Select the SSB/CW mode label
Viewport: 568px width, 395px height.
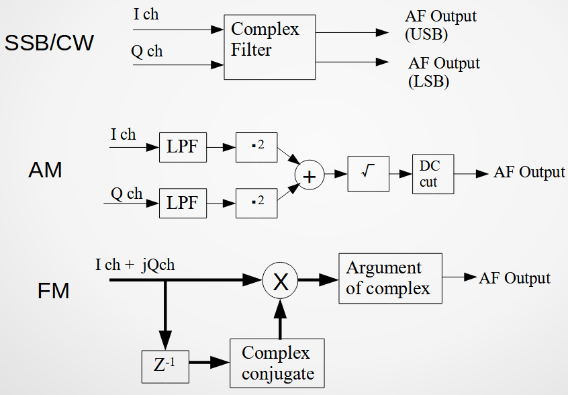tap(49, 44)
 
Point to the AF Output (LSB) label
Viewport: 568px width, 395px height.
tap(444, 73)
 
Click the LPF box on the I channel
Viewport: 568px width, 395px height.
tap(183, 146)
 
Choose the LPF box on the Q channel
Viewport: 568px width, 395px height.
tap(183, 202)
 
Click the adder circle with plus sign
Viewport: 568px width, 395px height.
tap(310, 176)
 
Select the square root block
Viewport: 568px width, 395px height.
tap(368, 173)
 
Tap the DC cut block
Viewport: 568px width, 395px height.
tap(433, 173)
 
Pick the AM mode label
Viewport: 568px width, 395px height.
tap(45, 171)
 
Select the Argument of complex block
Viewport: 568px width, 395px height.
tap(390, 278)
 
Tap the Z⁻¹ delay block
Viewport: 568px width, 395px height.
tap(165, 366)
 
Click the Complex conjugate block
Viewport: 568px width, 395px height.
tap(277, 363)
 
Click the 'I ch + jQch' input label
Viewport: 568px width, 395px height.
tap(135, 265)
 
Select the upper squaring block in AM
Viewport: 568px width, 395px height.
tap(256, 146)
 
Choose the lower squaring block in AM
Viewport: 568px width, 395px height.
tap(256, 202)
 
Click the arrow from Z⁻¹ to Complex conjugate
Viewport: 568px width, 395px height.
tap(207, 363)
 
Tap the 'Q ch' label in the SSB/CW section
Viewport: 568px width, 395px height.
tap(146, 52)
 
